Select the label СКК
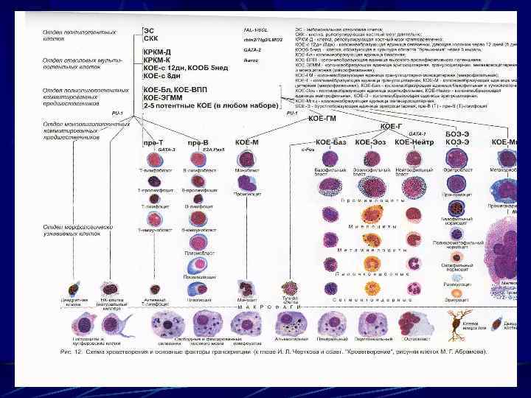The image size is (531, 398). click(x=150, y=37)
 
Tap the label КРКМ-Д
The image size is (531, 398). click(x=157, y=52)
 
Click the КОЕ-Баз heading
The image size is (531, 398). click(x=330, y=142)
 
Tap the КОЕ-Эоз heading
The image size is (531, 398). click(x=370, y=142)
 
